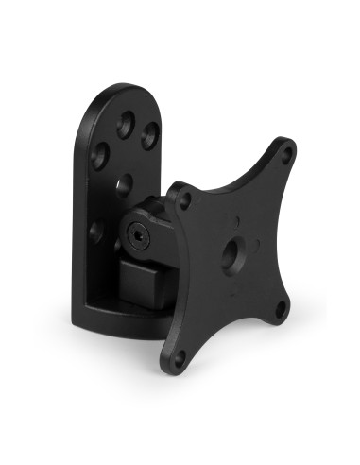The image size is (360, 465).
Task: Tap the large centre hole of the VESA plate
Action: click(230, 251)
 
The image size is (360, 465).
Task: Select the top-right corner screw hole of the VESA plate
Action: click(281, 154)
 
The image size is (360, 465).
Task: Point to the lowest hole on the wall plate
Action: click(95, 230)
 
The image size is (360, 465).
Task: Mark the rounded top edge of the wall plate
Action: click(118, 90)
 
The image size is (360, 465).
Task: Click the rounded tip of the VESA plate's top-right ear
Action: click(288, 144)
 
